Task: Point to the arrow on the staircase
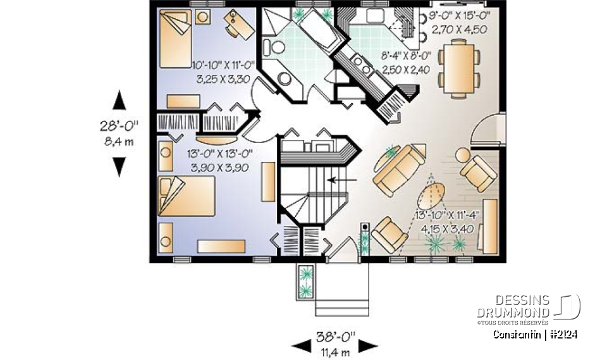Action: coord(341,180)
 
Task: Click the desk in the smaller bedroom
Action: coord(237,25)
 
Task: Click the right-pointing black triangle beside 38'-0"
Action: coord(368,345)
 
